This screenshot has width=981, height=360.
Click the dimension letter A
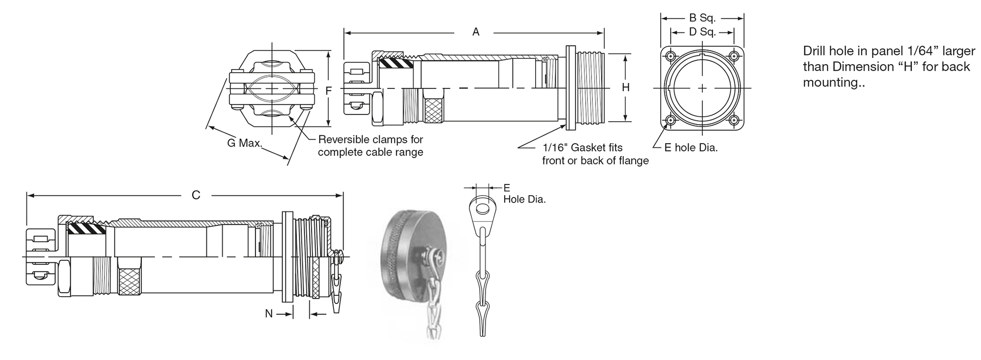click(475, 32)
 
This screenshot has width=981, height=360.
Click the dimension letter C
click(196, 195)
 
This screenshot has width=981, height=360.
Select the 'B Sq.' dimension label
click(702, 18)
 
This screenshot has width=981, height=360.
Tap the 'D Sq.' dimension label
click(702, 32)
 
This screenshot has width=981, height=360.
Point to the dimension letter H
click(625, 88)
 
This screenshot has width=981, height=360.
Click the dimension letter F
click(329, 91)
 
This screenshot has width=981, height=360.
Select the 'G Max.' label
click(244, 143)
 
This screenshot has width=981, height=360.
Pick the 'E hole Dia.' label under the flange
click(691, 148)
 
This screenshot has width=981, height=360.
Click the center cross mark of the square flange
click(702, 88)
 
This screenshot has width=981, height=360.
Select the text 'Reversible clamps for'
click(370, 139)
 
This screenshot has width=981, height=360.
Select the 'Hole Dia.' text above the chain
click(524, 200)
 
